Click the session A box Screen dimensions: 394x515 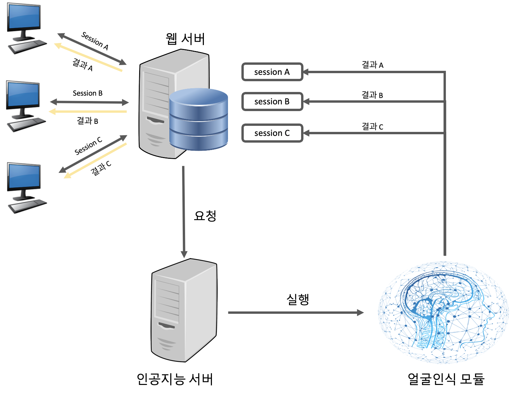[x=272, y=72]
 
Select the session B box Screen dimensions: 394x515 [x=272, y=101]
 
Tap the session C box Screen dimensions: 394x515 [x=272, y=133]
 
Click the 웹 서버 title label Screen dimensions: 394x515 [x=185, y=39]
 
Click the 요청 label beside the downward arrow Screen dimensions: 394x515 [x=205, y=216]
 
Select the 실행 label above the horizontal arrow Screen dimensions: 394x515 [x=298, y=299]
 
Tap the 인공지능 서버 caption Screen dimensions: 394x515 [x=175, y=379]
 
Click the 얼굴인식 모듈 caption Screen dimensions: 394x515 [x=446, y=379]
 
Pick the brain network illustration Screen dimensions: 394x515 [x=443, y=312]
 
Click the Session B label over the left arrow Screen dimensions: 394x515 [x=88, y=93]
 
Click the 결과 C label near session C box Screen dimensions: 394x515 [x=372, y=127]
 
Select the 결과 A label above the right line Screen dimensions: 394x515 [x=372, y=64]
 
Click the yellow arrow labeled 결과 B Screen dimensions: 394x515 [x=88, y=111]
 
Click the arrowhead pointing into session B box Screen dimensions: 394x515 [x=306, y=101]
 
